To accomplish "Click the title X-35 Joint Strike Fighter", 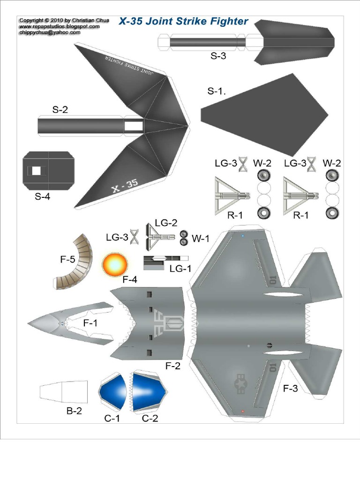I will (x=183, y=21).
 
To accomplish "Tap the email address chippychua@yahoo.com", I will (x=50, y=33).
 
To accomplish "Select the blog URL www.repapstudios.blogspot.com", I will (x=59, y=27).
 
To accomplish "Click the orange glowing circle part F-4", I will (x=115, y=264).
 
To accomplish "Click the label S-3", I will (x=218, y=56).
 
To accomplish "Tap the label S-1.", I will (x=217, y=91).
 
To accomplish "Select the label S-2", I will (x=60, y=110).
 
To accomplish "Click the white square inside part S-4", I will (x=36, y=171).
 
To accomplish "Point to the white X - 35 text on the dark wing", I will (x=125, y=186).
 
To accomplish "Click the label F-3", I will (x=290, y=388).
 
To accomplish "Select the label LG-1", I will (x=179, y=269).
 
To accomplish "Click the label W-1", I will (x=200, y=239).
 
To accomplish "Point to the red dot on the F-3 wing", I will (x=242, y=411).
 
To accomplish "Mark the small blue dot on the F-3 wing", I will (x=242, y=236).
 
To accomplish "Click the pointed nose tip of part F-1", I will (x=29, y=323).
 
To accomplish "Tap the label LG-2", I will (x=166, y=223).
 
